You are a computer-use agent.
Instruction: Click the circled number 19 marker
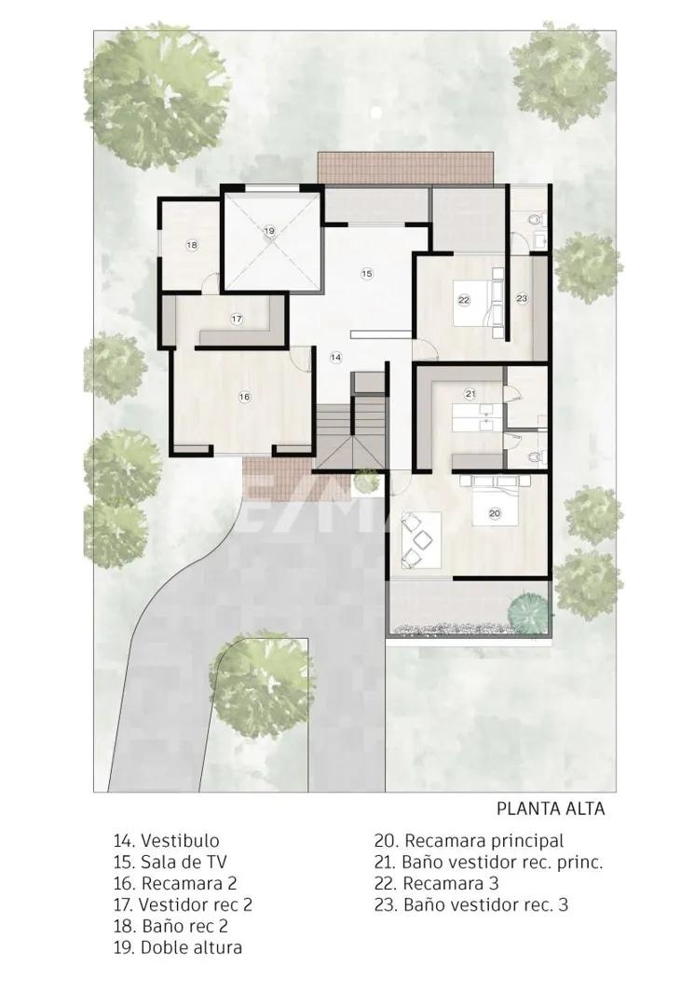click(269, 230)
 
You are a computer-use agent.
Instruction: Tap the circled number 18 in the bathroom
click(192, 246)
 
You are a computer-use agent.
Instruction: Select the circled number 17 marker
click(237, 319)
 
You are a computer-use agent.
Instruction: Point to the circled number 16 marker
click(244, 397)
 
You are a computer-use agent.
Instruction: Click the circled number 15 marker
click(367, 273)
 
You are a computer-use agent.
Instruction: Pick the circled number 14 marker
click(336, 357)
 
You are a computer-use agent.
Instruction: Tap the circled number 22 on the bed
click(464, 299)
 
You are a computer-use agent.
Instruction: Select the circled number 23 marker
click(522, 298)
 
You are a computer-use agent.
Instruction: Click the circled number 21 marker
click(470, 393)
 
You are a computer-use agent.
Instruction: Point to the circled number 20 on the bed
click(494, 512)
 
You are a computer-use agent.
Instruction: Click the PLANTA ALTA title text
click(550, 809)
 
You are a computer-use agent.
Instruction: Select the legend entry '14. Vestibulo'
click(167, 841)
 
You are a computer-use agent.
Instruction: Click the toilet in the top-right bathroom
click(534, 220)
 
